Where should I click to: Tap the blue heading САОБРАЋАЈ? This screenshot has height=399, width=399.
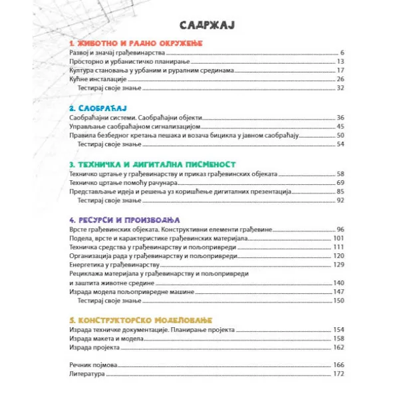[97, 106]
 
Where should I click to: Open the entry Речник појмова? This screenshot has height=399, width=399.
[93, 365]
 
